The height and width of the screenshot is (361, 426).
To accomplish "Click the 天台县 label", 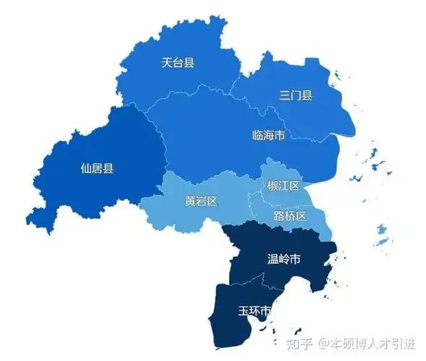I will [178, 63].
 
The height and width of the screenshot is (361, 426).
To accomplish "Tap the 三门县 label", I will [296, 95].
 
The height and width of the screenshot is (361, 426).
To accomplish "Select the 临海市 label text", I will [268, 135].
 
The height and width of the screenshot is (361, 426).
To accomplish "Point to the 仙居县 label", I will [97, 169].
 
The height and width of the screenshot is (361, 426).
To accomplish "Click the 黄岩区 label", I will [201, 201].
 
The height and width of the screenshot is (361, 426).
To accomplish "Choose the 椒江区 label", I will [283, 186].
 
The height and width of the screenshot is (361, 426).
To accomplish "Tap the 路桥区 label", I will [290, 216].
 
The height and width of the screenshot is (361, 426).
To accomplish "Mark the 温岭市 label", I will [284, 258].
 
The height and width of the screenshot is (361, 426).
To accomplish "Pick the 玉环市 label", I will [256, 311].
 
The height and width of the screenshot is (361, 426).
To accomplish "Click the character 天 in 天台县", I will [167, 63].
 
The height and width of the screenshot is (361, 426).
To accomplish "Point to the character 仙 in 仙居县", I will [86, 169].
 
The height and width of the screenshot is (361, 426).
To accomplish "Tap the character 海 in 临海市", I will [268, 135].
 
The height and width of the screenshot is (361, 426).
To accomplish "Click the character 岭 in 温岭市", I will [284, 258].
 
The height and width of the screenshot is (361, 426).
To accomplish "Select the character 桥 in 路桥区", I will [290, 216].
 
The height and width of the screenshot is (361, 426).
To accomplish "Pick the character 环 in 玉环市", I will [256, 311].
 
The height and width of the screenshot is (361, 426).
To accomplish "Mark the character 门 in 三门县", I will [296, 95].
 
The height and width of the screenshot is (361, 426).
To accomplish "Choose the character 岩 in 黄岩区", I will [201, 201].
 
